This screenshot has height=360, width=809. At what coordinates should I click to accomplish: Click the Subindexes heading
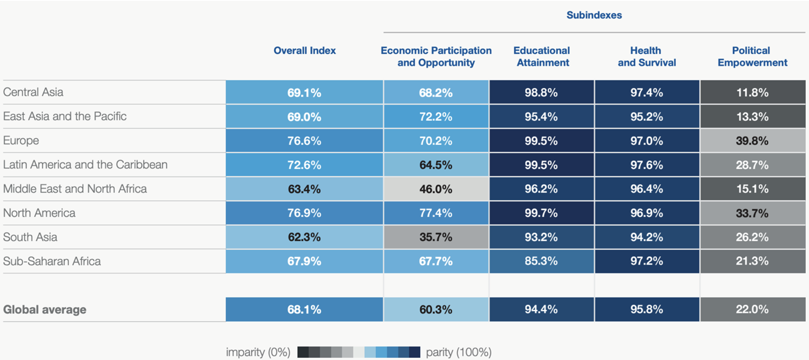pyautogui.click(x=594, y=15)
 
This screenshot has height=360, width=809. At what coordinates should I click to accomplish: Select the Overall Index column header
pyautogui.click(x=304, y=51)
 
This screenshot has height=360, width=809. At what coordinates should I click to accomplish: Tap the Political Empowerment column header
pyautogui.click(x=752, y=56)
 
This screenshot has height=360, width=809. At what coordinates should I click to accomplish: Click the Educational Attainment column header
pyautogui.click(x=542, y=56)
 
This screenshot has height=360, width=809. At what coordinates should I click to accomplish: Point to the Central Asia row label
pyautogui.click(x=33, y=92)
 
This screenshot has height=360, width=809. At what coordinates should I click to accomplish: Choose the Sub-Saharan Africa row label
pyautogui.click(x=52, y=261)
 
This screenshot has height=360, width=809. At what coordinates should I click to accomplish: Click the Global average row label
pyautogui.click(x=45, y=309)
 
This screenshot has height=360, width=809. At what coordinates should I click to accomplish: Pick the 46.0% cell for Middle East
pyautogui.click(x=436, y=189)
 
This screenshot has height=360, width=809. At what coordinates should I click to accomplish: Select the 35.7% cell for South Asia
pyautogui.click(x=436, y=237)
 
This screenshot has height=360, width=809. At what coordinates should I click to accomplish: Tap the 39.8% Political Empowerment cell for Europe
pyautogui.click(x=752, y=141)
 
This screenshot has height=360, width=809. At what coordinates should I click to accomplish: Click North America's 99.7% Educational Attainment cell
pyautogui.click(x=541, y=213)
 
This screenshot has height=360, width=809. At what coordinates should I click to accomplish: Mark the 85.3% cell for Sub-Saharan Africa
pyautogui.click(x=541, y=261)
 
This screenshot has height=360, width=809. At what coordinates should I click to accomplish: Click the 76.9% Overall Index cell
pyautogui.click(x=304, y=213)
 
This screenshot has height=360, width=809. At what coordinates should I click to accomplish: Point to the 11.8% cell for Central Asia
pyautogui.click(x=752, y=92)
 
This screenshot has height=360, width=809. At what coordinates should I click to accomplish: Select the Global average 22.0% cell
pyautogui.click(x=752, y=309)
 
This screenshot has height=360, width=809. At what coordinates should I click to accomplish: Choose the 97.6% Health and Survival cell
pyautogui.click(x=646, y=165)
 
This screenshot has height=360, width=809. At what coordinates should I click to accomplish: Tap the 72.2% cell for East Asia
pyautogui.click(x=436, y=117)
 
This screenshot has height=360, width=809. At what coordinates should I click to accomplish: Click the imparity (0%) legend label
pyautogui.click(x=258, y=352)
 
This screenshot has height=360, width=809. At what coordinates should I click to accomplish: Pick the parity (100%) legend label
pyautogui.click(x=459, y=352)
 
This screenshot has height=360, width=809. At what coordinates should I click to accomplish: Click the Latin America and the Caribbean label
pyautogui.click(x=85, y=165)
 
